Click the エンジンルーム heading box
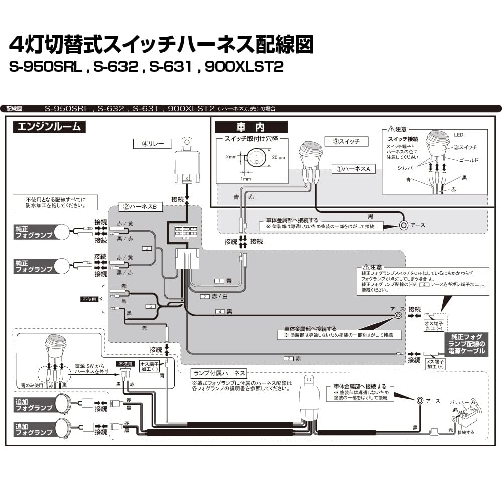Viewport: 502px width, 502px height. [49, 127]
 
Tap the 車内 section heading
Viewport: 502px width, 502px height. [251, 128]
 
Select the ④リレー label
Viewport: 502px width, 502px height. [153, 143]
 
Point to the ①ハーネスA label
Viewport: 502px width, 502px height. [353, 169]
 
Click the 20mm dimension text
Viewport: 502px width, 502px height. [279, 158]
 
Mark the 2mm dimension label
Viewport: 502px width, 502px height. [230, 156]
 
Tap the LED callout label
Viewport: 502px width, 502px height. [458, 135]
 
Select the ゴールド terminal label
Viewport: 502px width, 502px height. [469, 160]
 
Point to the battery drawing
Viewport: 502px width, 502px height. [466, 417]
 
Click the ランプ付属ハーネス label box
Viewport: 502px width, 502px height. [219, 373]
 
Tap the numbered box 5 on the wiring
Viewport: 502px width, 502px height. [149, 306]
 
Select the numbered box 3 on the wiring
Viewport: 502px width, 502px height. [147, 248]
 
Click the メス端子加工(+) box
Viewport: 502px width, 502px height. [434, 363]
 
